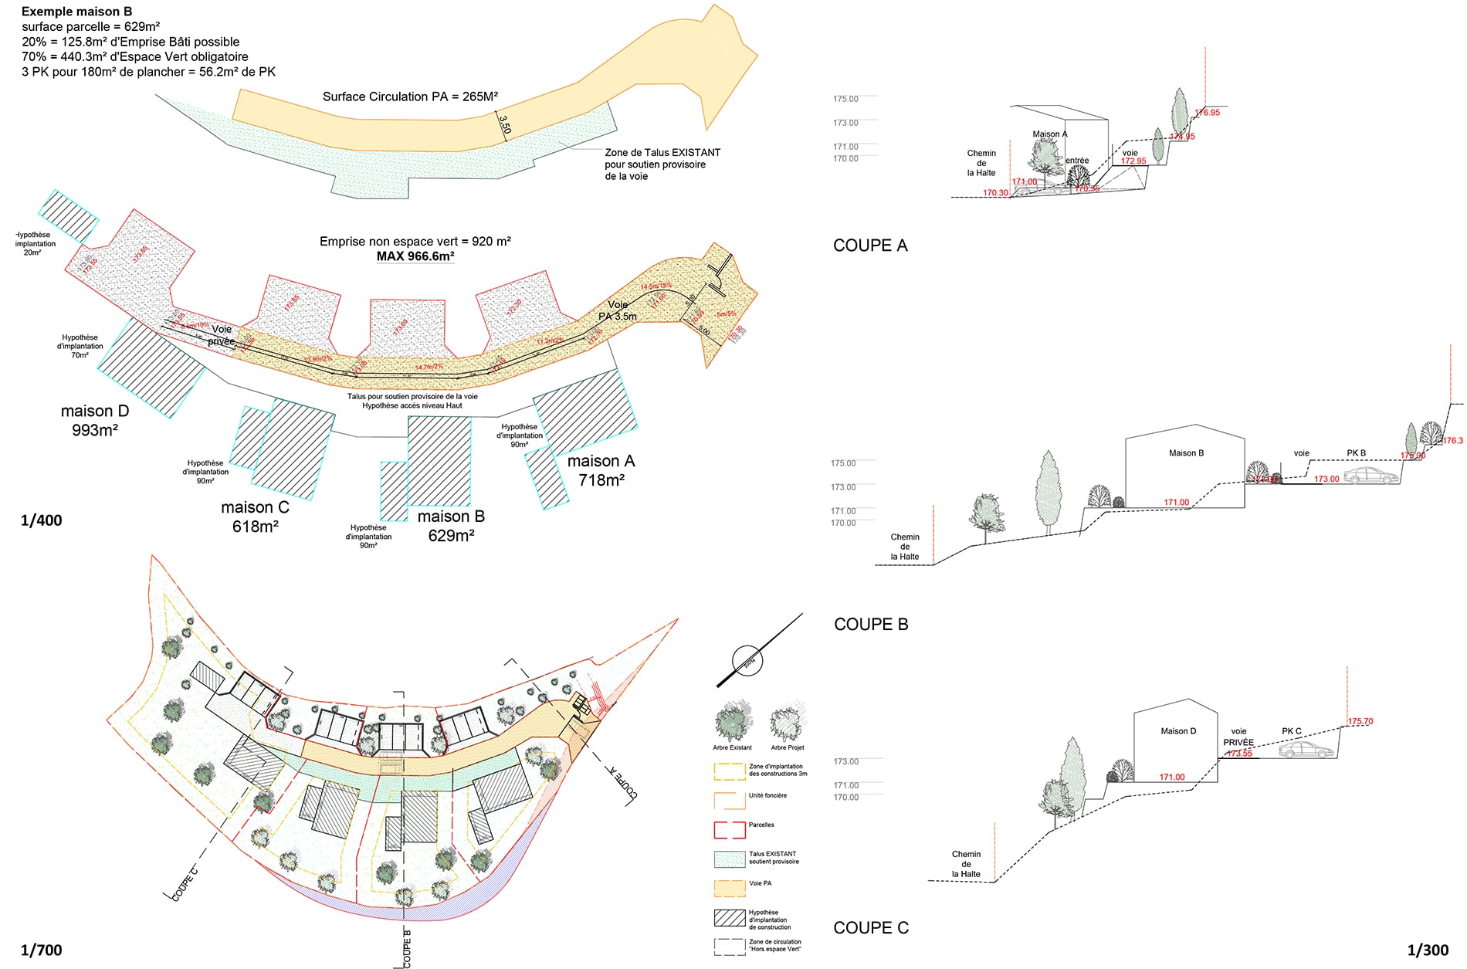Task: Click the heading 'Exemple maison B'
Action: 76,12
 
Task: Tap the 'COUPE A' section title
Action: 870,246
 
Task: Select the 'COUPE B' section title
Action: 871,624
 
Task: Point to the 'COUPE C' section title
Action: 871,927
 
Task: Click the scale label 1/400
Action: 41,520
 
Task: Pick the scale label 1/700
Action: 41,950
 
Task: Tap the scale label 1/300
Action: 1428,950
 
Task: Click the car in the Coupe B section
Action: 1371,476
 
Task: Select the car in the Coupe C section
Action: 1306,750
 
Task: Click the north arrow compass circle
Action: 747,661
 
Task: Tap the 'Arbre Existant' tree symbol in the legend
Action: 732,721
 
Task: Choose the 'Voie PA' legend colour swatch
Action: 729,888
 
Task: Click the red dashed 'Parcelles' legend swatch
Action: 729,830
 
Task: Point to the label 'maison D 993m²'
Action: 95,421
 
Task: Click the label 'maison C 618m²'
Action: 255,517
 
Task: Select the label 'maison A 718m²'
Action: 601,470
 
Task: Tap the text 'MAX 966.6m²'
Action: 415,256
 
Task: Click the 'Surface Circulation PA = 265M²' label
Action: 410,97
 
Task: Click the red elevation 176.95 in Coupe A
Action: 1208,113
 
